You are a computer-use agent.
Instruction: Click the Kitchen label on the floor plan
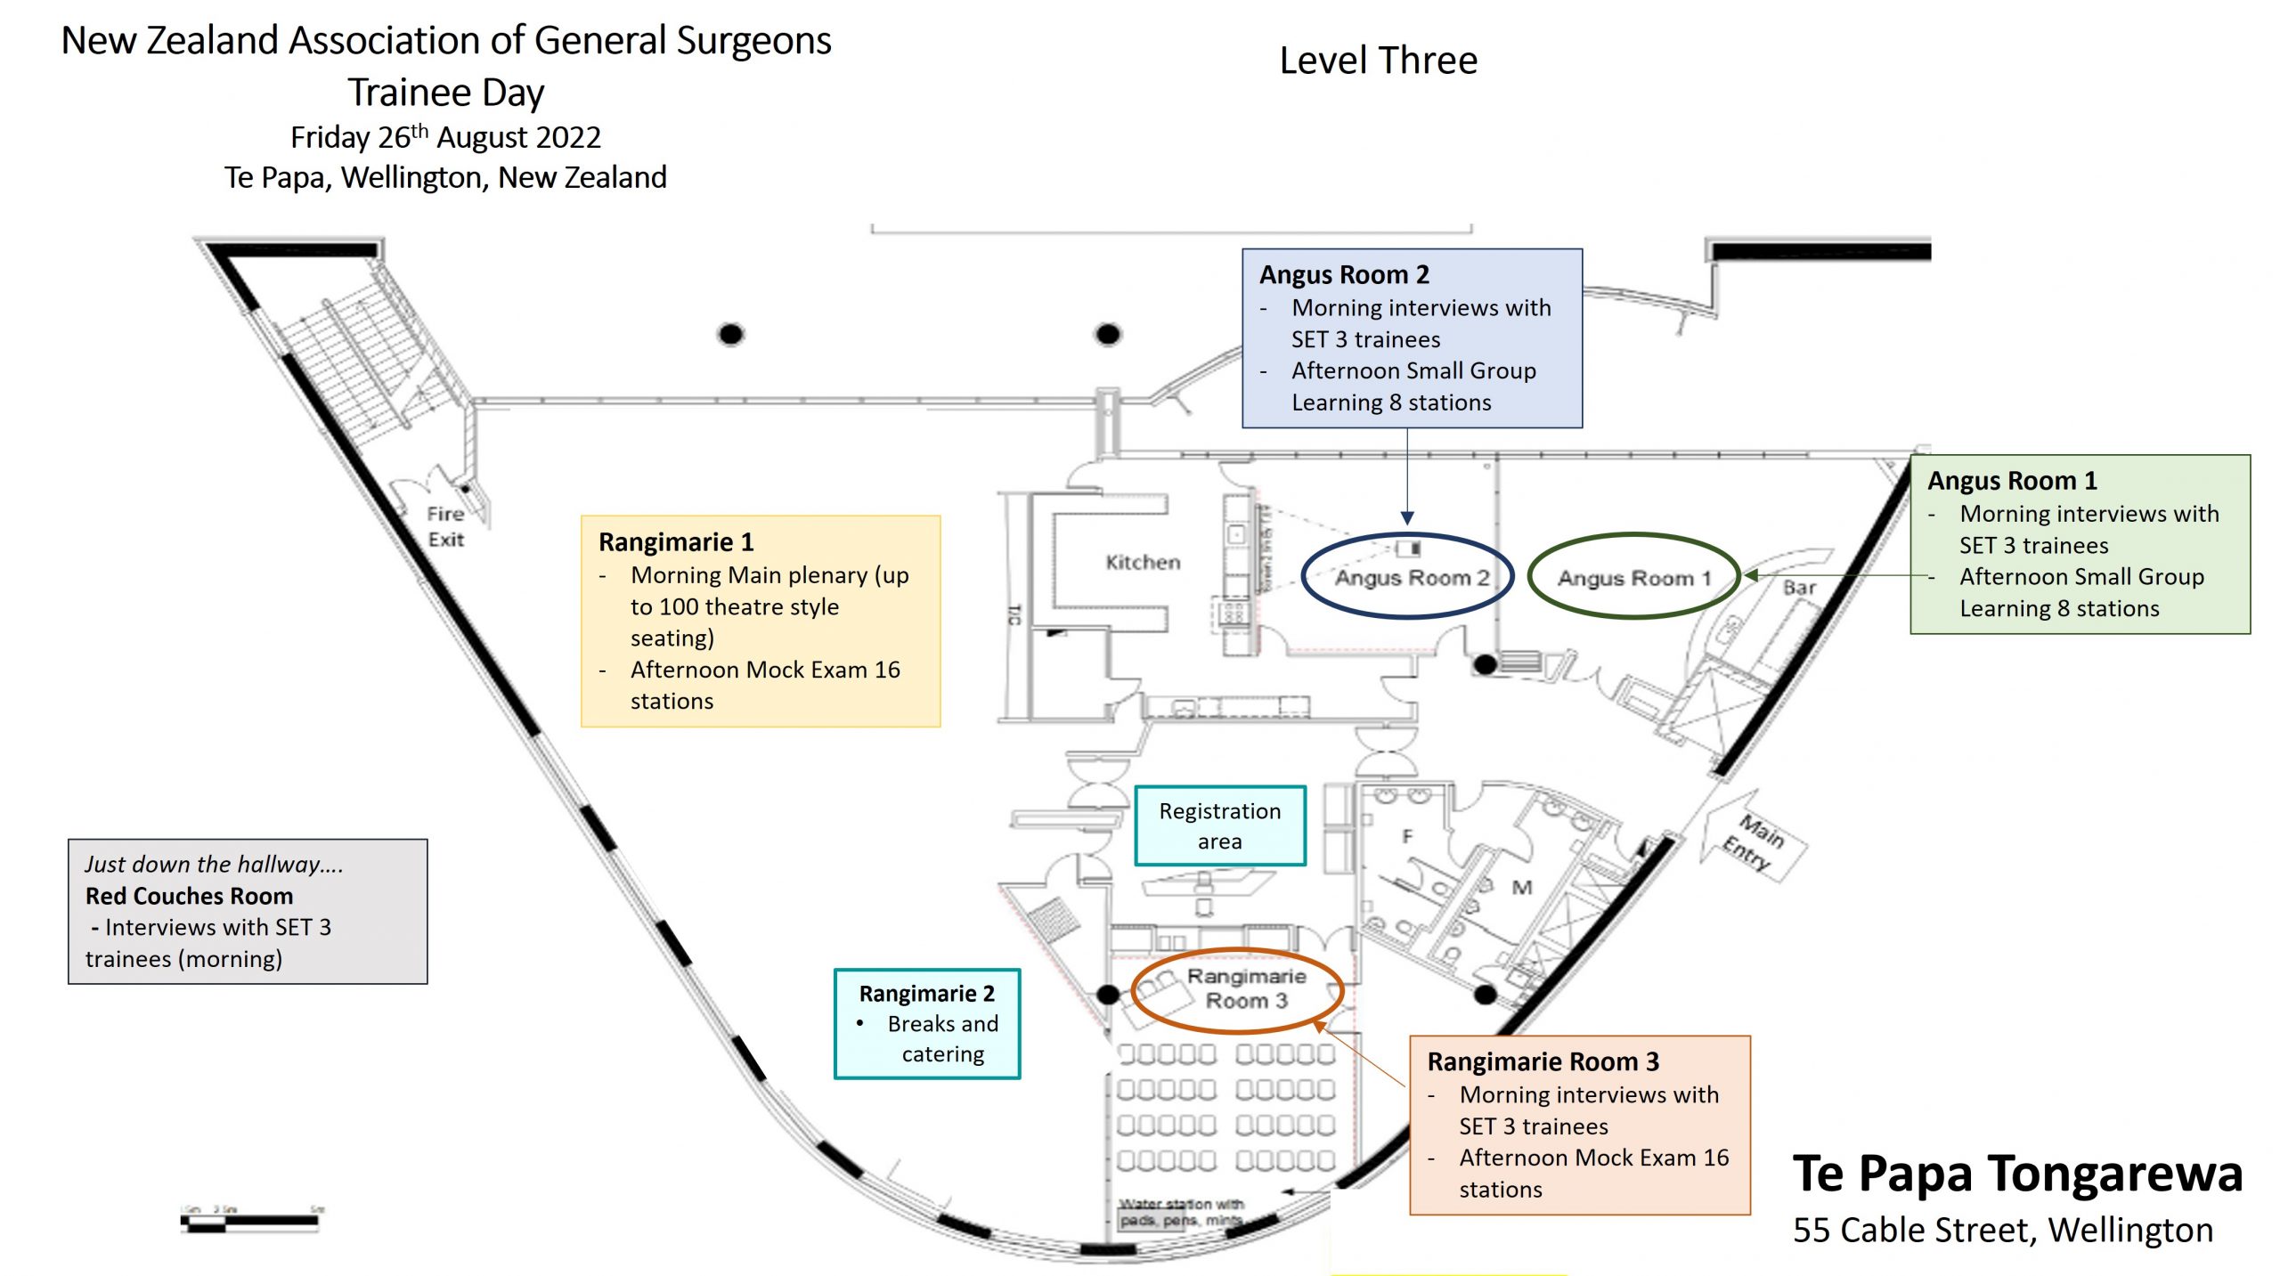tap(1143, 562)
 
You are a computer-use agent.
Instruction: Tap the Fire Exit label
tap(445, 526)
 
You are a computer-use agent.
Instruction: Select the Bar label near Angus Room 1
tap(1799, 588)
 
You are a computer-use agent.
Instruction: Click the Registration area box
tap(1219, 825)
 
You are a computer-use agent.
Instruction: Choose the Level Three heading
tap(1378, 61)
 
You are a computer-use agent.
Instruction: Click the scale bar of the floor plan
tap(250, 1220)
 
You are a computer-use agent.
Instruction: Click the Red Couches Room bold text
tap(189, 896)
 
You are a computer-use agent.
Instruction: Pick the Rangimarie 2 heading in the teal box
tap(926, 993)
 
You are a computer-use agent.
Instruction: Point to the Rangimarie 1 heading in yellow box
tap(676, 541)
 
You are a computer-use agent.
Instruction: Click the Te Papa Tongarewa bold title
tap(2017, 1174)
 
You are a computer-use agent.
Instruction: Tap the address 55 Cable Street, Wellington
tap(2002, 1230)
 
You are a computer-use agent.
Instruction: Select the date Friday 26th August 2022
tap(445, 137)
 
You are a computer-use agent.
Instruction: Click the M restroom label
tap(1522, 887)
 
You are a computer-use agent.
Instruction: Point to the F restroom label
tap(1407, 836)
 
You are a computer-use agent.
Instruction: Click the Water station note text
tap(1180, 1212)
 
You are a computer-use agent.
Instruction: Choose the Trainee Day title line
tap(445, 93)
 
